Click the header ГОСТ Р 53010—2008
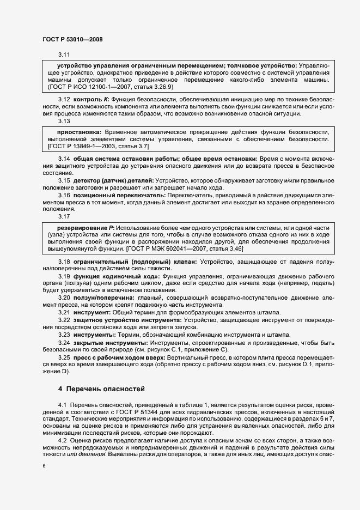click(x=72, y=39)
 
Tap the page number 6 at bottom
click(x=44, y=466)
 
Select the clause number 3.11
click(x=64, y=54)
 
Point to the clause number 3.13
click(x=64, y=121)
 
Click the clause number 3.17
click(x=64, y=216)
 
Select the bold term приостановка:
click(x=80, y=132)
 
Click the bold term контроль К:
click(x=91, y=100)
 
